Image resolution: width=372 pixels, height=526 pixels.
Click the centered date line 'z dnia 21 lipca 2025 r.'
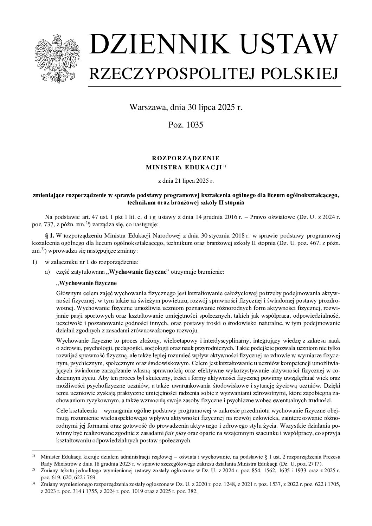click(186, 181)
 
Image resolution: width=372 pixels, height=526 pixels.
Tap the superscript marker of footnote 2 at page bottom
click(33, 470)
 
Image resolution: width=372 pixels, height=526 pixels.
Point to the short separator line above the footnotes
click(76, 449)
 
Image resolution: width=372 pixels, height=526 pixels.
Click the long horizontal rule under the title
click(214, 86)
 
